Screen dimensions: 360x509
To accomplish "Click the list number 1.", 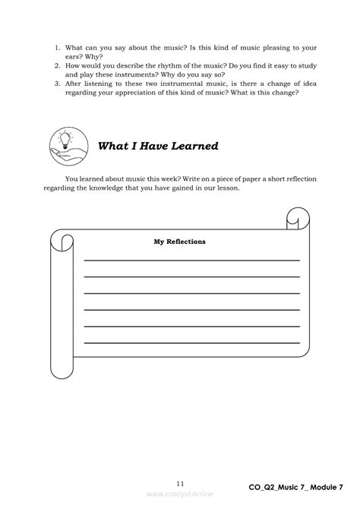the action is pos(57,47).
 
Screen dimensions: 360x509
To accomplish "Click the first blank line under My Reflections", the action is pos(191,261).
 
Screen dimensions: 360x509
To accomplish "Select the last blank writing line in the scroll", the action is pos(191,343).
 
